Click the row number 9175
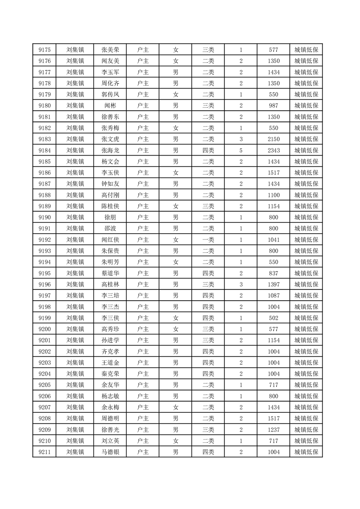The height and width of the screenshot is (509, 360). pyautogui.click(x=44, y=50)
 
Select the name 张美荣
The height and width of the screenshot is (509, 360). pyautogui.click(x=111, y=50)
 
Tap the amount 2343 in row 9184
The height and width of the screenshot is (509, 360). pyautogui.click(x=273, y=150)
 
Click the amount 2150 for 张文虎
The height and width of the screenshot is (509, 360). pyautogui.click(x=273, y=139)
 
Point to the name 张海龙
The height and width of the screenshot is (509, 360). pyautogui.click(x=111, y=150)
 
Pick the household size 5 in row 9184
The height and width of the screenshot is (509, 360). pyautogui.click(x=241, y=150)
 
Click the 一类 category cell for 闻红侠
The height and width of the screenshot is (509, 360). pyautogui.click(x=208, y=240)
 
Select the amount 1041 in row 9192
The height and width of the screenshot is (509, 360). pyautogui.click(x=273, y=240)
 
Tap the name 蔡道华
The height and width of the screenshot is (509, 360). pyautogui.click(x=111, y=273)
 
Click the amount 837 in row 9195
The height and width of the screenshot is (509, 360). pyautogui.click(x=273, y=273)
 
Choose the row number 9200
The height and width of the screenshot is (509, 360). pyautogui.click(x=44, y=329)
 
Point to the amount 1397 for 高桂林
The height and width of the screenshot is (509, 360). pyautogui.click(x=273, y=284)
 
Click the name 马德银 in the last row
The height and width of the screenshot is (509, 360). pyautogui.click(x=111, y=452)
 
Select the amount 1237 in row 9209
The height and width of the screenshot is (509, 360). pyautogui.click(x=273, y=430)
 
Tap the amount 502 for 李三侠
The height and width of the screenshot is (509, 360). pyautogui.click(x=273, y=318)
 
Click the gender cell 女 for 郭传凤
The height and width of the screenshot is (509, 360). pyautogui.click(x=176, y=94)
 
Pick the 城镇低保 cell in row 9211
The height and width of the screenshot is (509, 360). pyautogui.click(x=306, y=452)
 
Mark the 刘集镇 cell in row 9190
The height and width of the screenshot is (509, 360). pyautogui.click(x=75, y=217)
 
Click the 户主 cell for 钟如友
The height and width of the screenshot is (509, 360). pyautogui.click(x=143, y=184)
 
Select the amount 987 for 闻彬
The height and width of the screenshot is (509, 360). pyautogui.click(x=273, y=106)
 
